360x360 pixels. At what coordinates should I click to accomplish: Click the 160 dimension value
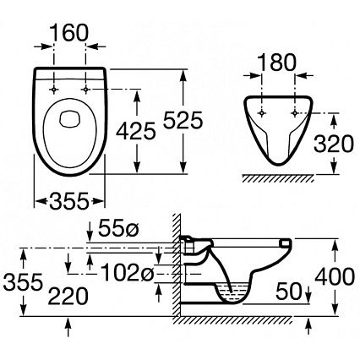point(69,33)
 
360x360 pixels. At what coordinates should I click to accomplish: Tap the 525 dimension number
point(183,120)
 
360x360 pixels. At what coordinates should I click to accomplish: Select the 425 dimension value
point(136,131)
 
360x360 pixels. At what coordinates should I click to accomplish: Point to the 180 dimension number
point(277,63)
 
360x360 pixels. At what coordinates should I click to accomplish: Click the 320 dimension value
point(334,144)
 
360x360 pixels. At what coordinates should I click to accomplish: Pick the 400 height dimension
point(335,276)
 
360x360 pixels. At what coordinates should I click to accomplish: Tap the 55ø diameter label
point(118,228)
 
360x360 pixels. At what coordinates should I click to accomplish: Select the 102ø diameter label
point(127,273)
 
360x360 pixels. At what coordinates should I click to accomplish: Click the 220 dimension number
point(68,297)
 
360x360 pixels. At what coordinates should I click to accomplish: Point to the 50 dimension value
point(289,292)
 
